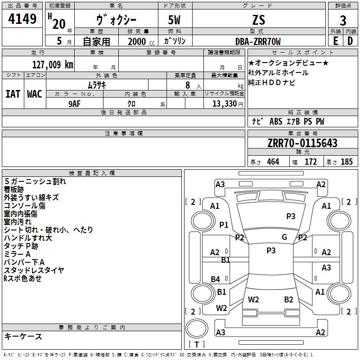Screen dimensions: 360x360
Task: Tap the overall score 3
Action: click(x=343, y=21)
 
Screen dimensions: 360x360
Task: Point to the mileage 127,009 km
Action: click(x=53, y=64)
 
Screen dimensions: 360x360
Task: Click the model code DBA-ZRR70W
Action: click(x=258, y=41)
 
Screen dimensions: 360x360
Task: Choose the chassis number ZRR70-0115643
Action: click(x=302, y=143)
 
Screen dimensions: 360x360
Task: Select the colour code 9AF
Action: click(x=75, y=103)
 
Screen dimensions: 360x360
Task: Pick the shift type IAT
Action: click(x=13, y=94)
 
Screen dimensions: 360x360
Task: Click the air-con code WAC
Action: click(x=34, y=94)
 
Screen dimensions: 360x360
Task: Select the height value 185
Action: click(x=346, y=162)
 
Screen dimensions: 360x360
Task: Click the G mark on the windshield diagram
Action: click(x=284, y=237)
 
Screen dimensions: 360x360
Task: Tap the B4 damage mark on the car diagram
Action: click(x=216, y=279)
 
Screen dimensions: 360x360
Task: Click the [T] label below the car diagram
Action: click(x=197, y=344)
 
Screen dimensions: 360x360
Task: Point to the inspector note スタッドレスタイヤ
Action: click(x=34, y=270)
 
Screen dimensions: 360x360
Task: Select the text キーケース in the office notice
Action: click(x=23, y=337)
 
